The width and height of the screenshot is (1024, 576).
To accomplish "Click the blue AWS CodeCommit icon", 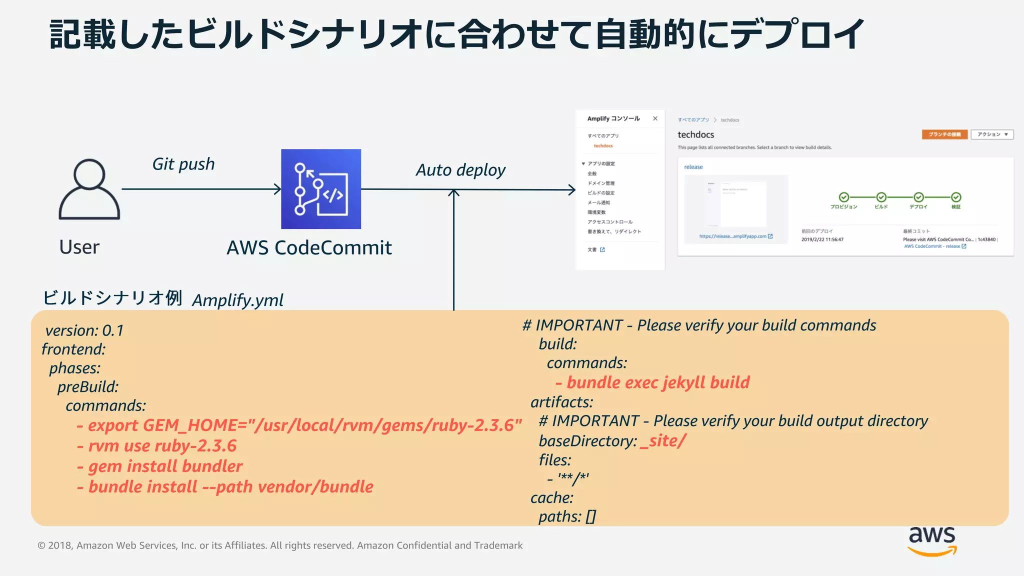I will (320, 189).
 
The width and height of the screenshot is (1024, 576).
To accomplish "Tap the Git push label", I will (183, 164).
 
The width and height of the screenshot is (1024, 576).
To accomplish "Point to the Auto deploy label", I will (460, 170).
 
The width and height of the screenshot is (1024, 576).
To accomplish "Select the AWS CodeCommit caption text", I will (309, 247).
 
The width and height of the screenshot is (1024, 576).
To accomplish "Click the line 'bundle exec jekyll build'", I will (652, 382).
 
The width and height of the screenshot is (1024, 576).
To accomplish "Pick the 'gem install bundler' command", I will (160, 466).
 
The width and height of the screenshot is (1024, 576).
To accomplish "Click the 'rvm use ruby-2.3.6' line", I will (157, 445).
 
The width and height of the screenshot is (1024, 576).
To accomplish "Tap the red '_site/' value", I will (663, 440).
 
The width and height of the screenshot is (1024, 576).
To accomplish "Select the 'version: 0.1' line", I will (84, 330).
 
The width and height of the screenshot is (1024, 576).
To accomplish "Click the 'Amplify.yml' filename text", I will (237, 300).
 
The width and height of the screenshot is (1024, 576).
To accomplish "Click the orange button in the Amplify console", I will (944, 134).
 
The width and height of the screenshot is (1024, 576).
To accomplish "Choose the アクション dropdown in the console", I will (992, 134).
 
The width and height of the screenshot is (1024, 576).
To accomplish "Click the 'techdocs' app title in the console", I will (695, 134).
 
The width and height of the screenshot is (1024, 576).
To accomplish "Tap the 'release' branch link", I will (693, 167).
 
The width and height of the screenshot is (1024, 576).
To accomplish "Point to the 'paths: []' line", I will (567, 516).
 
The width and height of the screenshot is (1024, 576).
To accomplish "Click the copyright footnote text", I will (280, 545).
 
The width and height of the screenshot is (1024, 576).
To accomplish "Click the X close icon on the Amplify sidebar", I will (655, 118).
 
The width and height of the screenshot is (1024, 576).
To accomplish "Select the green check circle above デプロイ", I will (918, 197).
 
